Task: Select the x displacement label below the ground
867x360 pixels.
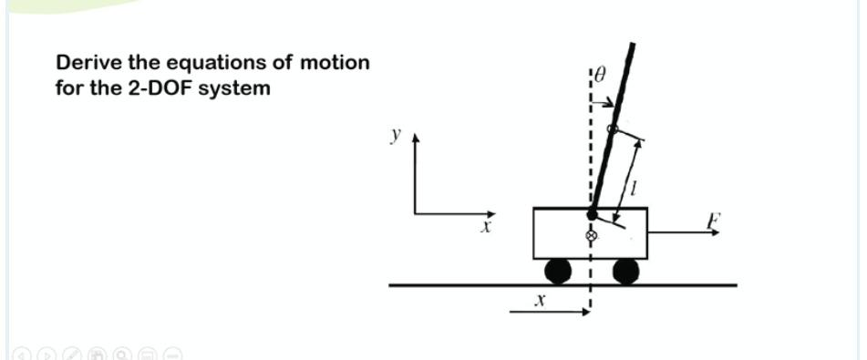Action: tap(540, 299)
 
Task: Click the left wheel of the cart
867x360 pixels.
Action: tap(558, 271)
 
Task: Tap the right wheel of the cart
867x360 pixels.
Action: tap(625, 271)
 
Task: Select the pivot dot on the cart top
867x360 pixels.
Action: tap(592, 214)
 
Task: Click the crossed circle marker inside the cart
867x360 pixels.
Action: tap(591, 236)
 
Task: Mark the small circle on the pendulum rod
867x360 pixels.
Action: tap(613, 130)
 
